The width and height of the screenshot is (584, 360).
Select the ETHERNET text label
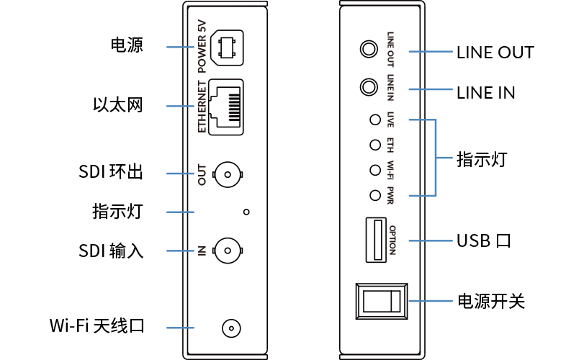202,107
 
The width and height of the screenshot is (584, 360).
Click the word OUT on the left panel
202,174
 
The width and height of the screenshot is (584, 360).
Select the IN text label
202,251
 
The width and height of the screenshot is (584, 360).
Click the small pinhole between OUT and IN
246,212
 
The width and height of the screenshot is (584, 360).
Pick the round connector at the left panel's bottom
230,328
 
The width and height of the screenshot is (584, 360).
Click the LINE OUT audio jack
369,50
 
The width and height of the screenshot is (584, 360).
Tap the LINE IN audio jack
369,88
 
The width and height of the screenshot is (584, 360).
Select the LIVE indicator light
374,120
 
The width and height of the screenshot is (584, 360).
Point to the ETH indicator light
374,145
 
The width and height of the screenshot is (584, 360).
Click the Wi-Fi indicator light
374,170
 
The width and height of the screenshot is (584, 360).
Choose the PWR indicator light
374,195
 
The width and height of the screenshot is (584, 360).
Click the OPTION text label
392,240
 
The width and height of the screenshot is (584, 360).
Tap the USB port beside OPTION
374,240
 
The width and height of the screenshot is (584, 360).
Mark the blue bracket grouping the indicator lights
436,158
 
